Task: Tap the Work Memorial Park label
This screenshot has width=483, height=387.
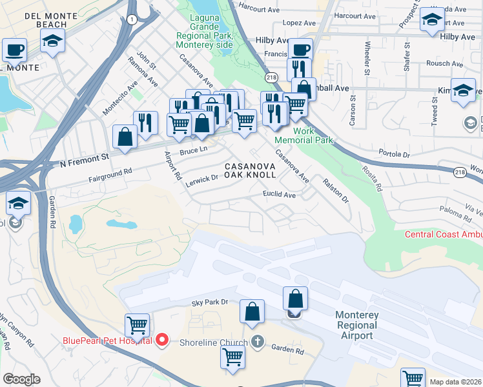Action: point(294,135)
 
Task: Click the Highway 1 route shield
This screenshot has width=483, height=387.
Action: point(132,20)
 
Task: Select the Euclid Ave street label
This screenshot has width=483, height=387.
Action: point(279,194)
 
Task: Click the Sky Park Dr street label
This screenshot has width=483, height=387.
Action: point(210,302)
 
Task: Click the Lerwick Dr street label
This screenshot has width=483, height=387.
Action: point(202,179)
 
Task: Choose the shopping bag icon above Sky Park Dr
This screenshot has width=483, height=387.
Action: point(252,311)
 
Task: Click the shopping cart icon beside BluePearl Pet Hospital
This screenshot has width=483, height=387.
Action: point(137,324)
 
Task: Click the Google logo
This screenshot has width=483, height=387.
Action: point(21,379)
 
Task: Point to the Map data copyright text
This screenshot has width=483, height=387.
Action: point(456,382)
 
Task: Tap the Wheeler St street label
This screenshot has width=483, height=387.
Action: point(367,59)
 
